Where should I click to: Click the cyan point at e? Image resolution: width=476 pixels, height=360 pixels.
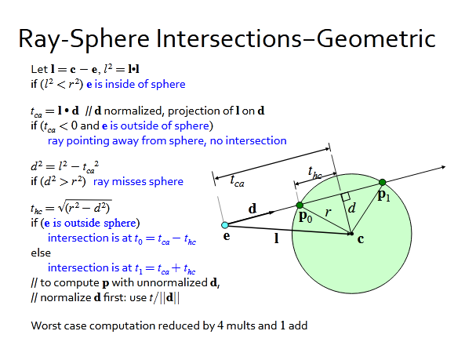pos(225,226)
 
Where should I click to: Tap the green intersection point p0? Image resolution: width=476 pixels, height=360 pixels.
pos(299,206)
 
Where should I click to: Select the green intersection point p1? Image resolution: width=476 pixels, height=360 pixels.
pos(382,184)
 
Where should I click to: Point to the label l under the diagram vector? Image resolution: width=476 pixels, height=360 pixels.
pos(276,238)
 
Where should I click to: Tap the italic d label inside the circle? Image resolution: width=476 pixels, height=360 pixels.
pos(351,208)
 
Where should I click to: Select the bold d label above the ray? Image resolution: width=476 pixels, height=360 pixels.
pos(253,209)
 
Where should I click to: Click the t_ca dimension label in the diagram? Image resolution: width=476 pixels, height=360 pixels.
pos(236,180)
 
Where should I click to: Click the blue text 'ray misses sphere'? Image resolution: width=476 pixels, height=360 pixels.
pos(138,181)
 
